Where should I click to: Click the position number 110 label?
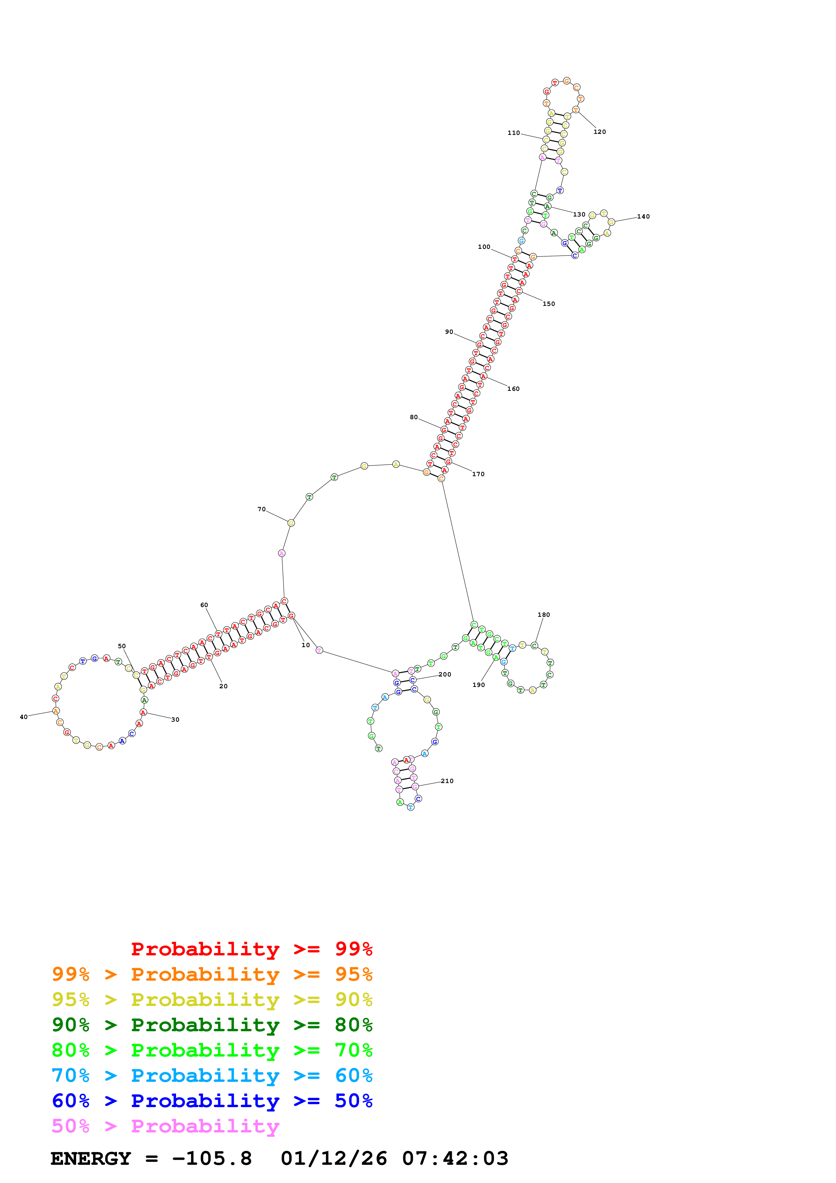pos(514,133)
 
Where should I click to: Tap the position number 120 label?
pos(600,132)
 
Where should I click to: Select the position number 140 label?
pos(643,217)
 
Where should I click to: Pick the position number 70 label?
pos(262,509)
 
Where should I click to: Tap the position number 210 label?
pos(447,781)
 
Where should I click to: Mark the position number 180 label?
pos(543,615)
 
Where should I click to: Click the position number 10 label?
pos(306,645)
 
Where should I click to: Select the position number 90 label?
pos(449,332)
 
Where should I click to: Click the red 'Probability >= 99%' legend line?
pos(251,949)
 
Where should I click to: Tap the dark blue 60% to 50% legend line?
pos(212,1101)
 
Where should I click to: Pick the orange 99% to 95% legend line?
pos(212,974)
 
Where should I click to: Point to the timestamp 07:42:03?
pos(455,1158)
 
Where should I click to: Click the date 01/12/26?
pos(334,1158)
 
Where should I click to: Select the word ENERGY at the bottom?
pos(91,1158)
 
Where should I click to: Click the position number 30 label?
pos(175,720)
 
